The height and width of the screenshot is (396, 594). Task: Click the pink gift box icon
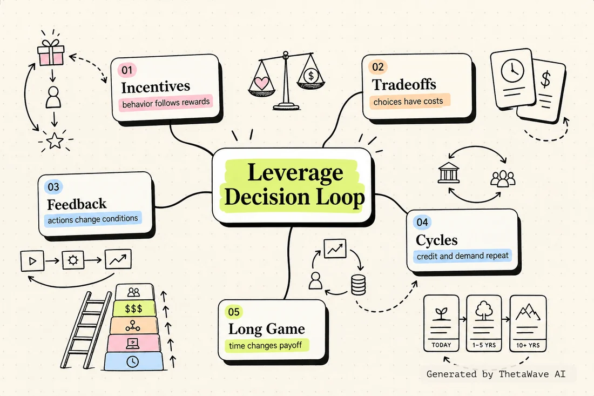(51, 52)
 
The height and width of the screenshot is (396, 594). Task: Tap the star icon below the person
(55, 140)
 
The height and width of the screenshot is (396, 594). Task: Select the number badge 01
(127, 70)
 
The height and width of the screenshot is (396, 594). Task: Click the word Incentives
(156, 87)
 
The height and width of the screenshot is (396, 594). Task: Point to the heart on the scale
(261, 83)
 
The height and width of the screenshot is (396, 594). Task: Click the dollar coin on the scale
(311, 76)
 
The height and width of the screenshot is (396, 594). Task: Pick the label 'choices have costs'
(408, 102)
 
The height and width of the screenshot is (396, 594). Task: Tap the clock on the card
(512, 70)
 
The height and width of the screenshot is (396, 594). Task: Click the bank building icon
(449, 173)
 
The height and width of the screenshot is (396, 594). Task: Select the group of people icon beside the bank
(503, 178)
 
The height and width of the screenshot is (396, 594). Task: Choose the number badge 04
(422, 222)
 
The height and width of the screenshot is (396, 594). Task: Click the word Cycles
(436, 240)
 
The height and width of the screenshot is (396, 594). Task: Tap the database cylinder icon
(359, 285)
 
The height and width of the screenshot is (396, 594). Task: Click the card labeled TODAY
(441, 323)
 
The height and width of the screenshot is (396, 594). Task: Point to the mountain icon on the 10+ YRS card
(528, 313)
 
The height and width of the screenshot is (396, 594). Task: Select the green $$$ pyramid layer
(134, 309)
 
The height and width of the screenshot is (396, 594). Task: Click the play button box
(32, 261)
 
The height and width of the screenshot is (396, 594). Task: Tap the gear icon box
(73, 260)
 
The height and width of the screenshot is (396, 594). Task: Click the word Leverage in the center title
(295, 172)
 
